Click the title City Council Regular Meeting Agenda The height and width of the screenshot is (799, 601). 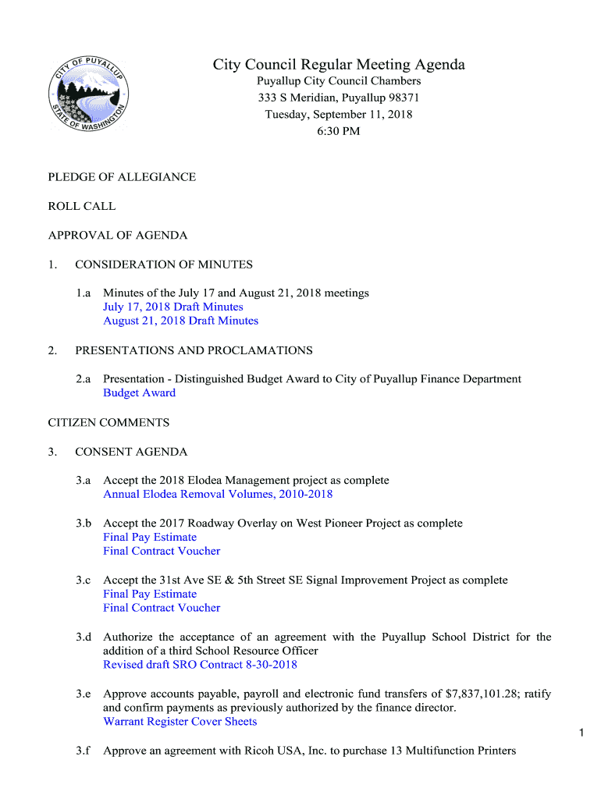pyautogui.click(x=339, y=65)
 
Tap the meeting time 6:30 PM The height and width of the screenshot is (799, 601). pyautogui.click(x=339, y=131)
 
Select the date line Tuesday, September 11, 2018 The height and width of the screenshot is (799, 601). pyautogui.click(x=339, y=115)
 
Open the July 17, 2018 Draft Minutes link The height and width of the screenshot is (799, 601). pyautogui.click(x=173, y=307)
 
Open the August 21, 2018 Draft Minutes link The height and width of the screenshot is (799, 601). pyautogui.click(x=180, y=321)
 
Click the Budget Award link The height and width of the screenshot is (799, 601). pyautogui.click(x=139, y=392)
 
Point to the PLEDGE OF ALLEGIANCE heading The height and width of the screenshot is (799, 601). pyautogui.click(x=122, y=177)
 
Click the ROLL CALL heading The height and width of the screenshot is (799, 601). pyautogui.click(x=82, y=206)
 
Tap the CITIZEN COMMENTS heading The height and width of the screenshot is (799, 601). pyautogui.click(x=108, y=422)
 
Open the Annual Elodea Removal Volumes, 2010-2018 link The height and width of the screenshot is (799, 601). pyautogui.click(x=218, y=494)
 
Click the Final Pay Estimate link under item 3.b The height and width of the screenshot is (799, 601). pyautogui.click(x=150, y=537)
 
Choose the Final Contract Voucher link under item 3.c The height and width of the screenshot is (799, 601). pyautogui.click(x=162, y=608)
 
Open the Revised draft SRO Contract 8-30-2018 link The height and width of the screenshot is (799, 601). pyautogui.click(x=200, y=665)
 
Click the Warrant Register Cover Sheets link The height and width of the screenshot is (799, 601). pyautogui.click(x=180, y=722)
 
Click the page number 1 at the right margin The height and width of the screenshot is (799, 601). pyautogui.click(x=581, y=732)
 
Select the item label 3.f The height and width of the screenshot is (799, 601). pyautogui.click(x=84, y=751)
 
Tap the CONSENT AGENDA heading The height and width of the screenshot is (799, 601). pyautogui.click(x=131, y=452)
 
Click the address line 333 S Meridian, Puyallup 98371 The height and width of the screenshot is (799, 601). pyautogui.click(x=339, y=98)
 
